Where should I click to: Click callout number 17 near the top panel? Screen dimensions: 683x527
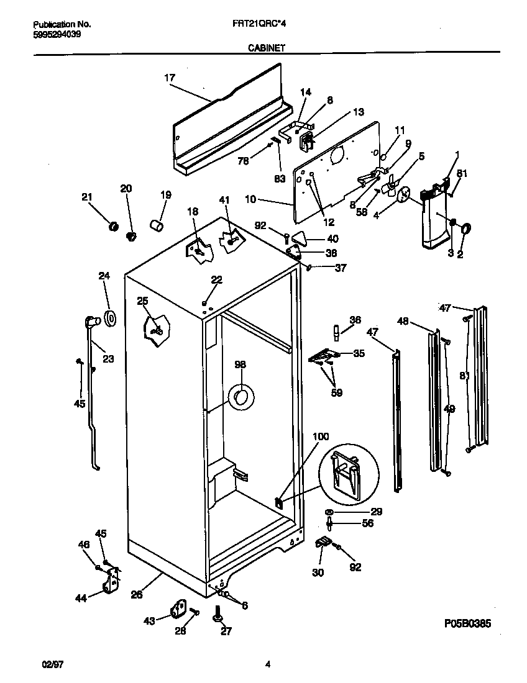point(169,78)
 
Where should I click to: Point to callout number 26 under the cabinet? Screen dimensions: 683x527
point(137,594)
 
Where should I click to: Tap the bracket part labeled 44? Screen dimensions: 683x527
point(112,583)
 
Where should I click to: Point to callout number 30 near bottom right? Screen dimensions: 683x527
point(317,572)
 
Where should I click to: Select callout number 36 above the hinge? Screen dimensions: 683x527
point(355,320)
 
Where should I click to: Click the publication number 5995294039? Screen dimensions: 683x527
point(55,35)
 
